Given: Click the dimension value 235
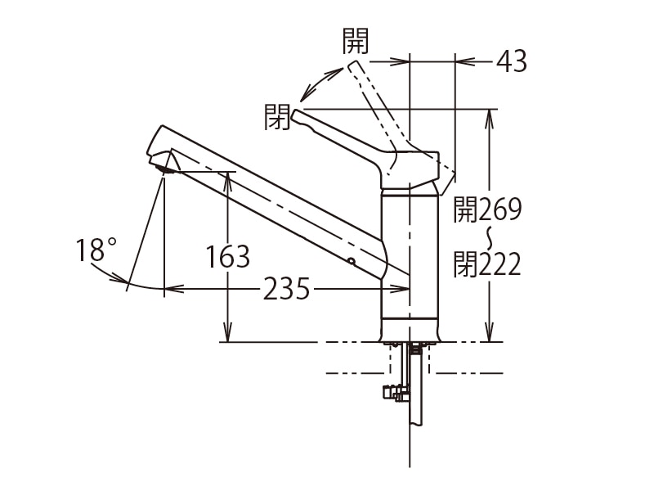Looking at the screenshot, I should coord(286,289).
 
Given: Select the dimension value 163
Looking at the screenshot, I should coord(227,257).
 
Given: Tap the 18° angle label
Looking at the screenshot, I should coord(97,250).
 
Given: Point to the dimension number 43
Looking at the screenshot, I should coord(512,61).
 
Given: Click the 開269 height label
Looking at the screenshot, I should coord(488,210).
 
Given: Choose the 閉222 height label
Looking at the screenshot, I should coord(488,264).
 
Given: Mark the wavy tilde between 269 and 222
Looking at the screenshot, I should coord(490,237).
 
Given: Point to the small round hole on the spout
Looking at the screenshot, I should coord(351,262).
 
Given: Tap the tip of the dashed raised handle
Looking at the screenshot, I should coord(354,65).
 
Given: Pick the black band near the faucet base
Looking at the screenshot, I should coord(410,317).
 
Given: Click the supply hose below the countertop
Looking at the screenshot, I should coord(416,393).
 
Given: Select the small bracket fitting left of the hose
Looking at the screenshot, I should coord(392,393).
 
